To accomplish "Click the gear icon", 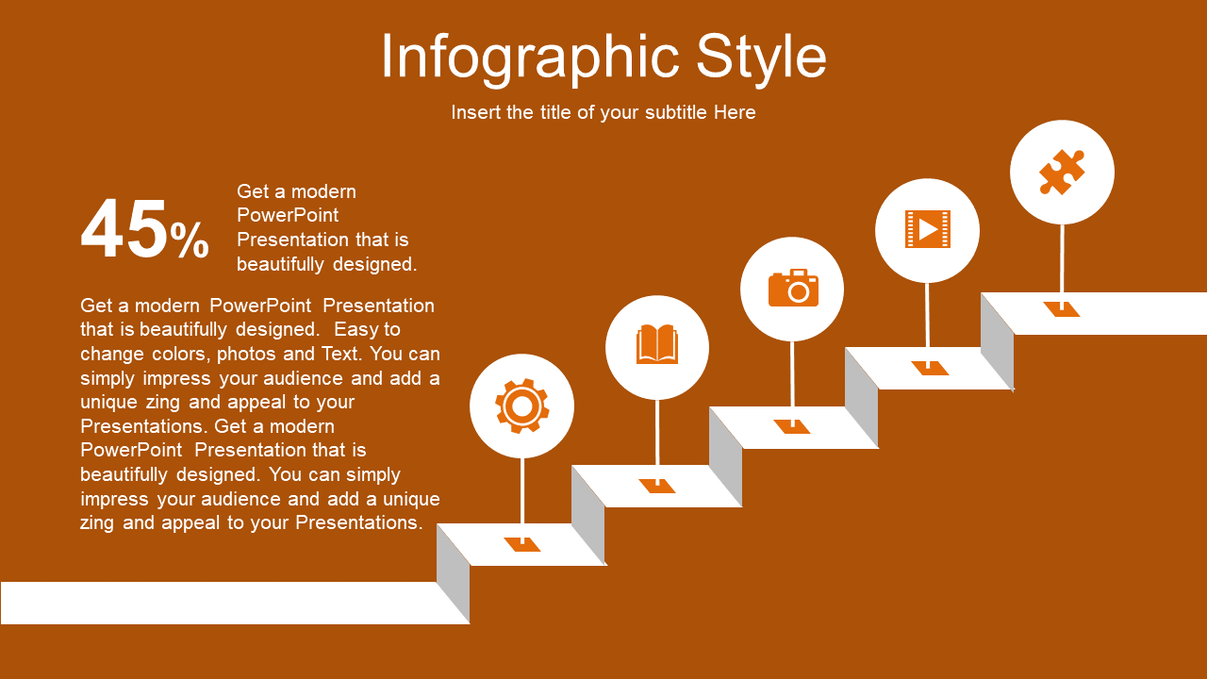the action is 521,406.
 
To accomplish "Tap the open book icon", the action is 657,344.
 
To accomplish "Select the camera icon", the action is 793,288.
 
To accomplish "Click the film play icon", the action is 927,229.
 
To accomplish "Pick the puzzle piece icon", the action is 1062,172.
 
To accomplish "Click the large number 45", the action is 124,228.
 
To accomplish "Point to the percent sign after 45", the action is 190,240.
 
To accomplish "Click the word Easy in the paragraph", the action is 353,329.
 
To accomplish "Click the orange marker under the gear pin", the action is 522,544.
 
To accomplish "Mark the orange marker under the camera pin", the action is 792,426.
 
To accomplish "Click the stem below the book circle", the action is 657,439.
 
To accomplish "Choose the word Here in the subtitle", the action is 735,112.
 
